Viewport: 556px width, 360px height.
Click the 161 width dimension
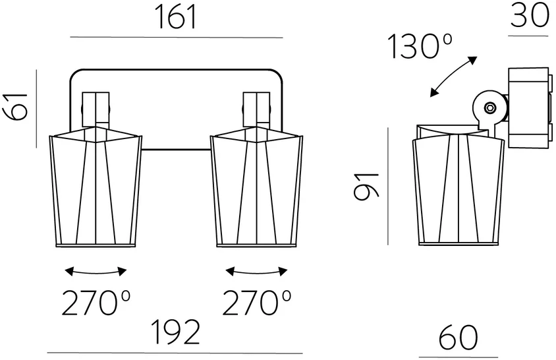click(x=177, y=18)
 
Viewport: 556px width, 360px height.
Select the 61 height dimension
click(x=16, y=107)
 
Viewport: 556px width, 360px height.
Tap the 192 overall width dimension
click(x=175, y=332)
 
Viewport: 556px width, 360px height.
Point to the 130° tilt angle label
click(x=420, y=46)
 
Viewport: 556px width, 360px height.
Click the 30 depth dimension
click(x=530, y=16)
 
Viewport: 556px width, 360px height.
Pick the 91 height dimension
click(x=367, y=186)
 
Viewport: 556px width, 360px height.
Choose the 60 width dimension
click(x=458, y=338)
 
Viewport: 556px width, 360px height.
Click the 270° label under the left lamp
click(x=96, y=303)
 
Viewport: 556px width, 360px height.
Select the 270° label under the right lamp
click(x=257, y=303)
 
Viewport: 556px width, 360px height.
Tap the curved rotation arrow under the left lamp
click(x=96, y=274)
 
